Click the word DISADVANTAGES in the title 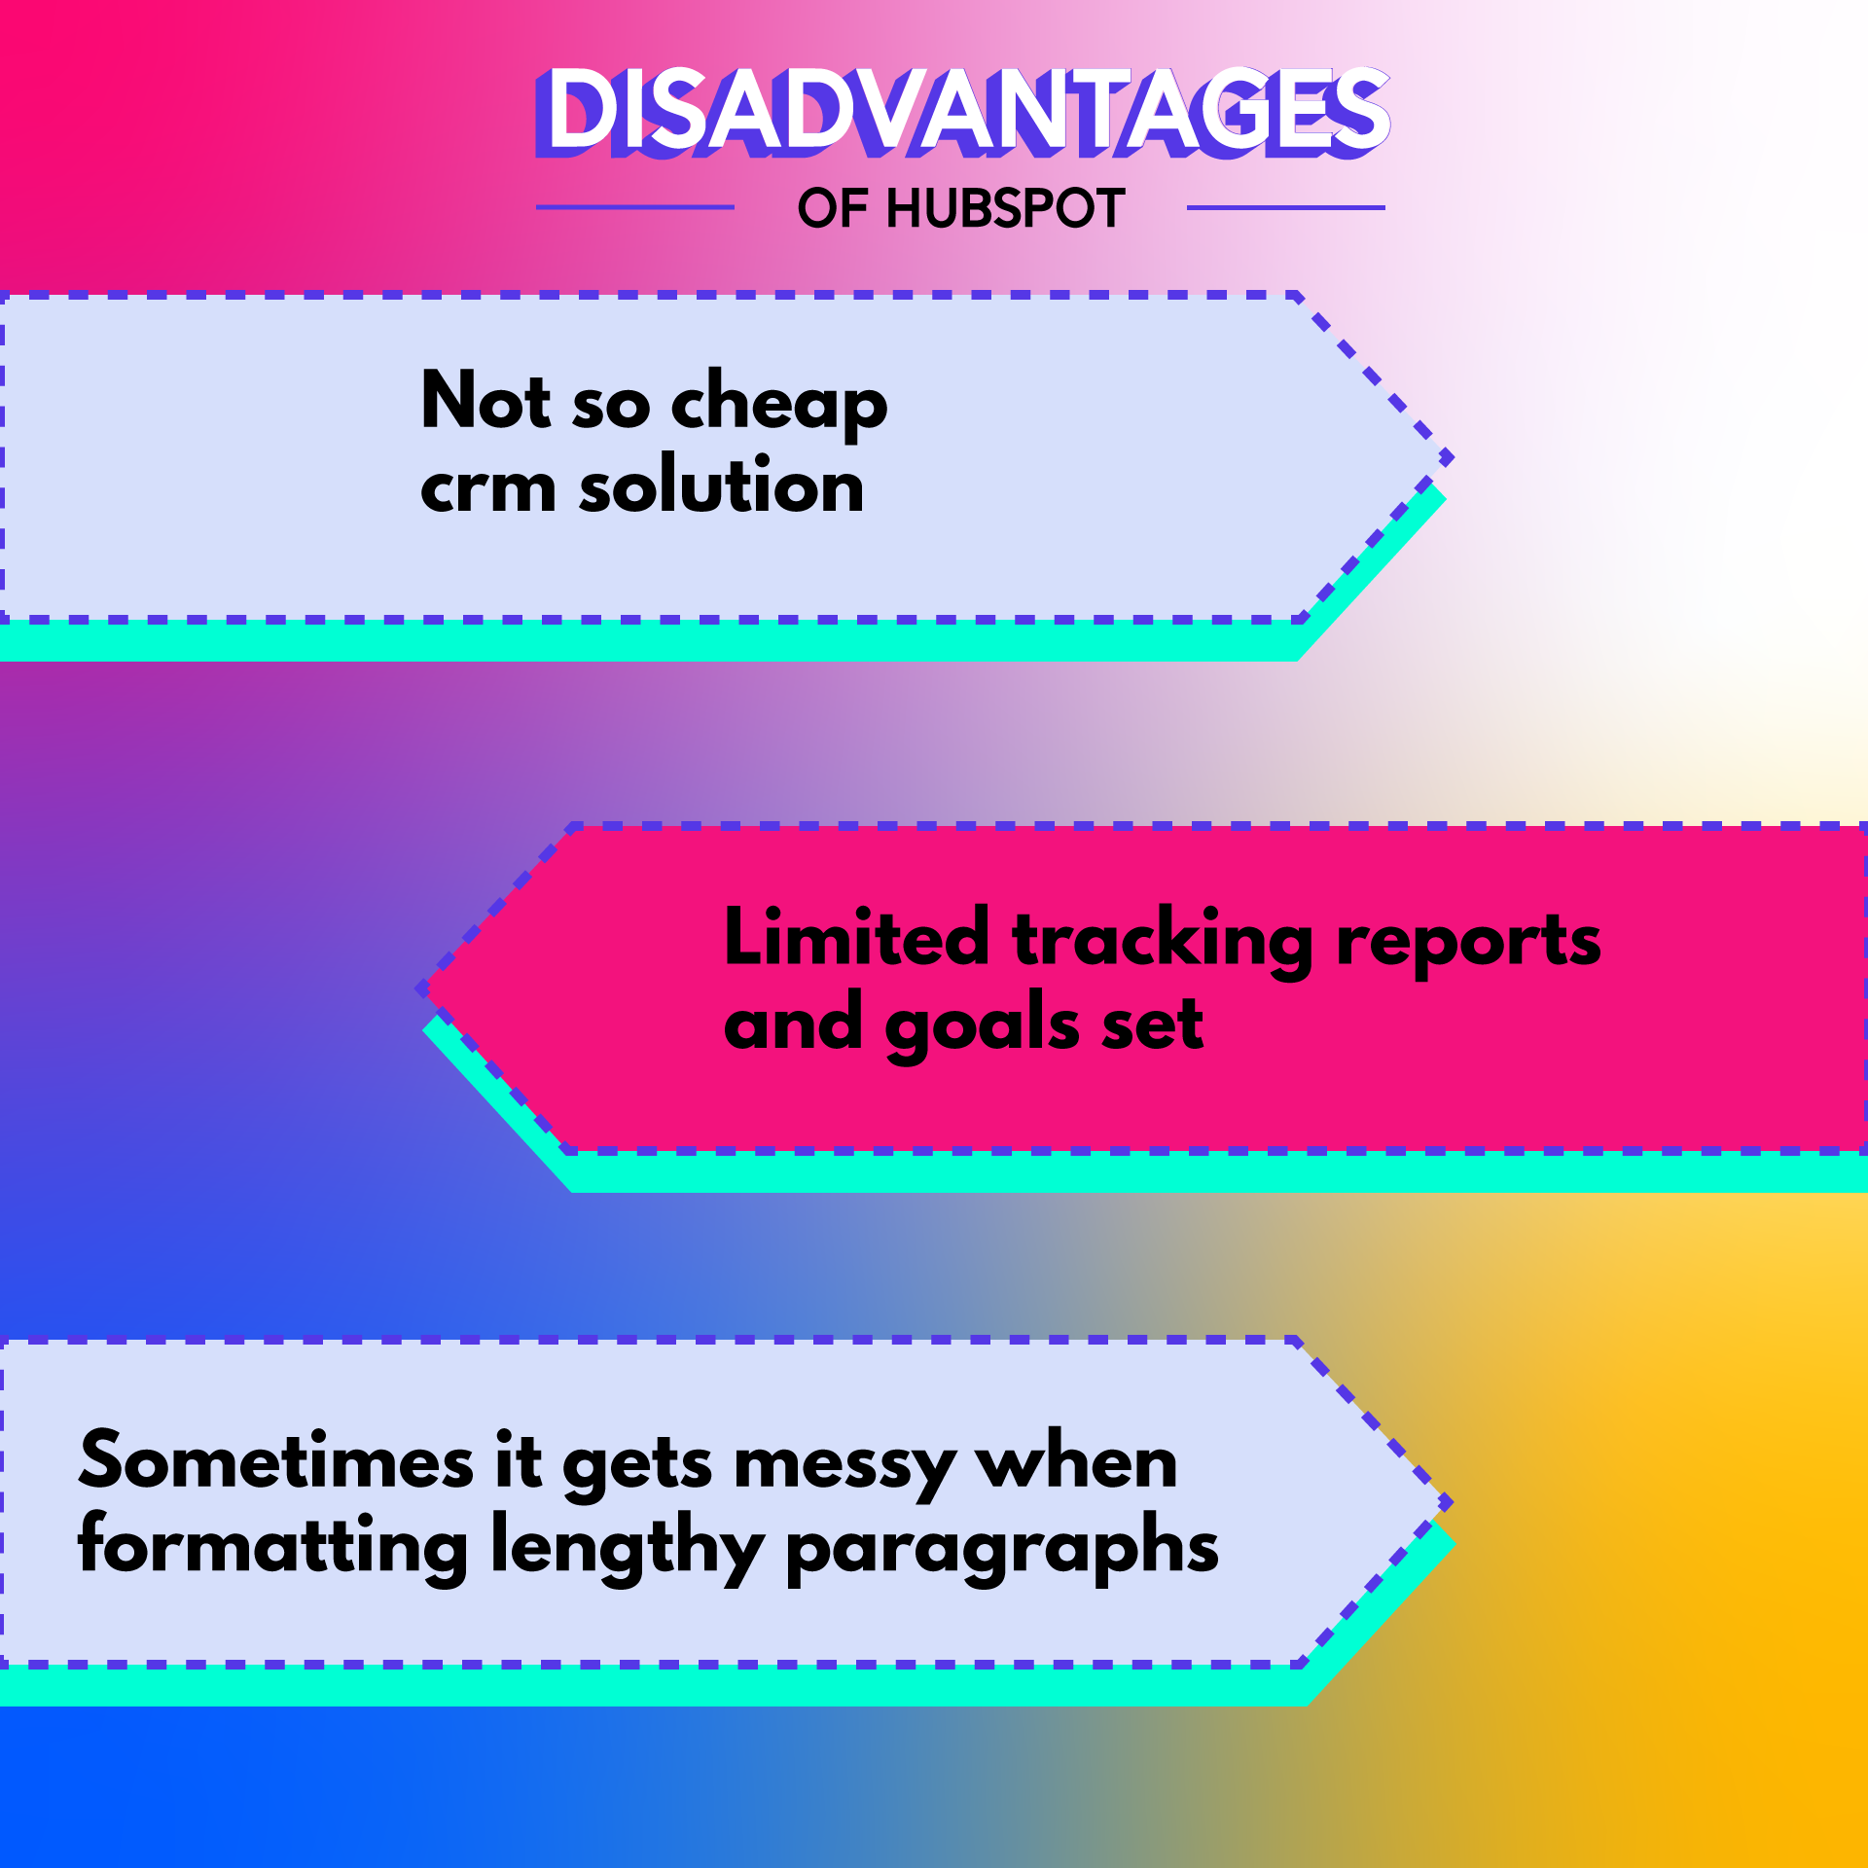tap(962, 111)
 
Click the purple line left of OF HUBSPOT tap(635, 207)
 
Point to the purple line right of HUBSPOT tap(1286, 207)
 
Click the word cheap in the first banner tap(779, 403)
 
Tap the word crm tap(487, 487)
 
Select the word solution tap(721, 483)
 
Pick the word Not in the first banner tap(485, 399)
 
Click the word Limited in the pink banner tap(857, 936)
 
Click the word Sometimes tap(276, 1459)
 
